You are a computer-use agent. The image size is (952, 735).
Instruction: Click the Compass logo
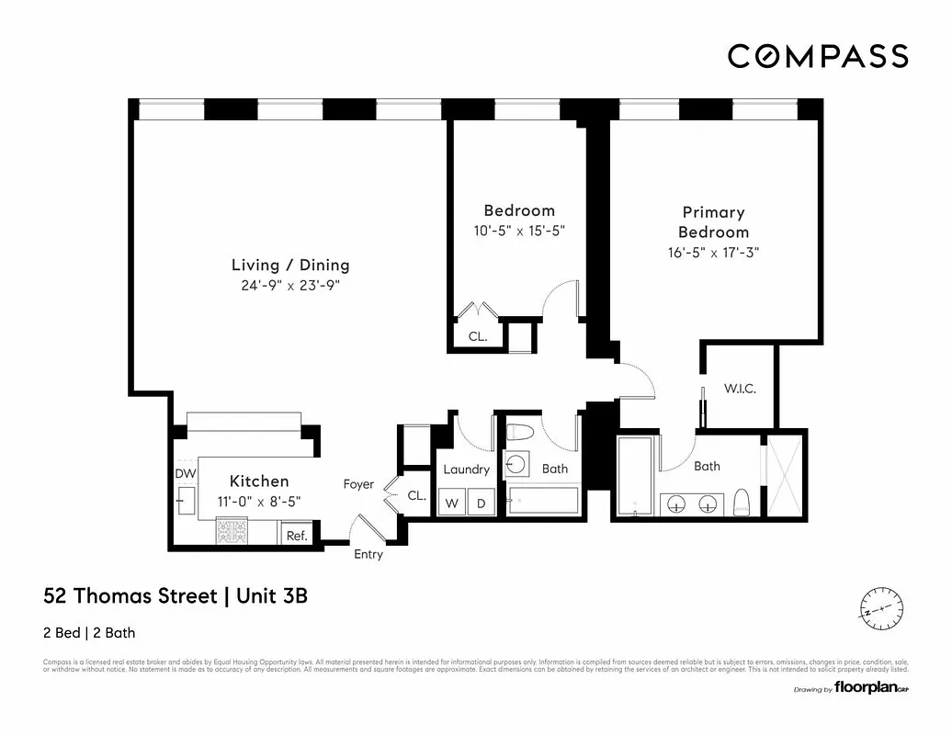pos(817,56)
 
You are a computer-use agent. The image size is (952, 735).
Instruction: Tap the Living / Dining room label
pos(290,266)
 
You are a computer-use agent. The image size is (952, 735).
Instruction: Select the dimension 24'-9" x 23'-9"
pos(290,286)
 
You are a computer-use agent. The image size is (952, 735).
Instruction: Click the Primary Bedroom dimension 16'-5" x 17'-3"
pos(713,253)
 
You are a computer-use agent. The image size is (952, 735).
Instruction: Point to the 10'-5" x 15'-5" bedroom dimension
pos(518,232)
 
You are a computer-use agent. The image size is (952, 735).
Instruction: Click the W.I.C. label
pos(740,389)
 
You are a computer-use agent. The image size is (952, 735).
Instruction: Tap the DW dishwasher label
pos(186,473)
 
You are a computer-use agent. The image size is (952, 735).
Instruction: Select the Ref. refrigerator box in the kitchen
pos(297,535)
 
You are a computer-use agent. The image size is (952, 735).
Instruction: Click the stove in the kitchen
pos(232,532)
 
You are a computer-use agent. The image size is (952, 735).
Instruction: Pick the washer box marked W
pos(451,503)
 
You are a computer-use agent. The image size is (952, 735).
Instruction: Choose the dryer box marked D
pos(481,503)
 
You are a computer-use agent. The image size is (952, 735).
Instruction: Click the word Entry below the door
pos(368,555)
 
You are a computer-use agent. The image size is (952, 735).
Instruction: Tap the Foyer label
pos(358,484)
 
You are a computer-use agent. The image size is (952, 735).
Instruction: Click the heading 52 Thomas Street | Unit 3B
pos(176,596)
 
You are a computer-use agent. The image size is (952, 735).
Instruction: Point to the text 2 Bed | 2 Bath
pos(89,632)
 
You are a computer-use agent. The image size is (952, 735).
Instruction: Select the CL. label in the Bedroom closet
pos(478,336)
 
